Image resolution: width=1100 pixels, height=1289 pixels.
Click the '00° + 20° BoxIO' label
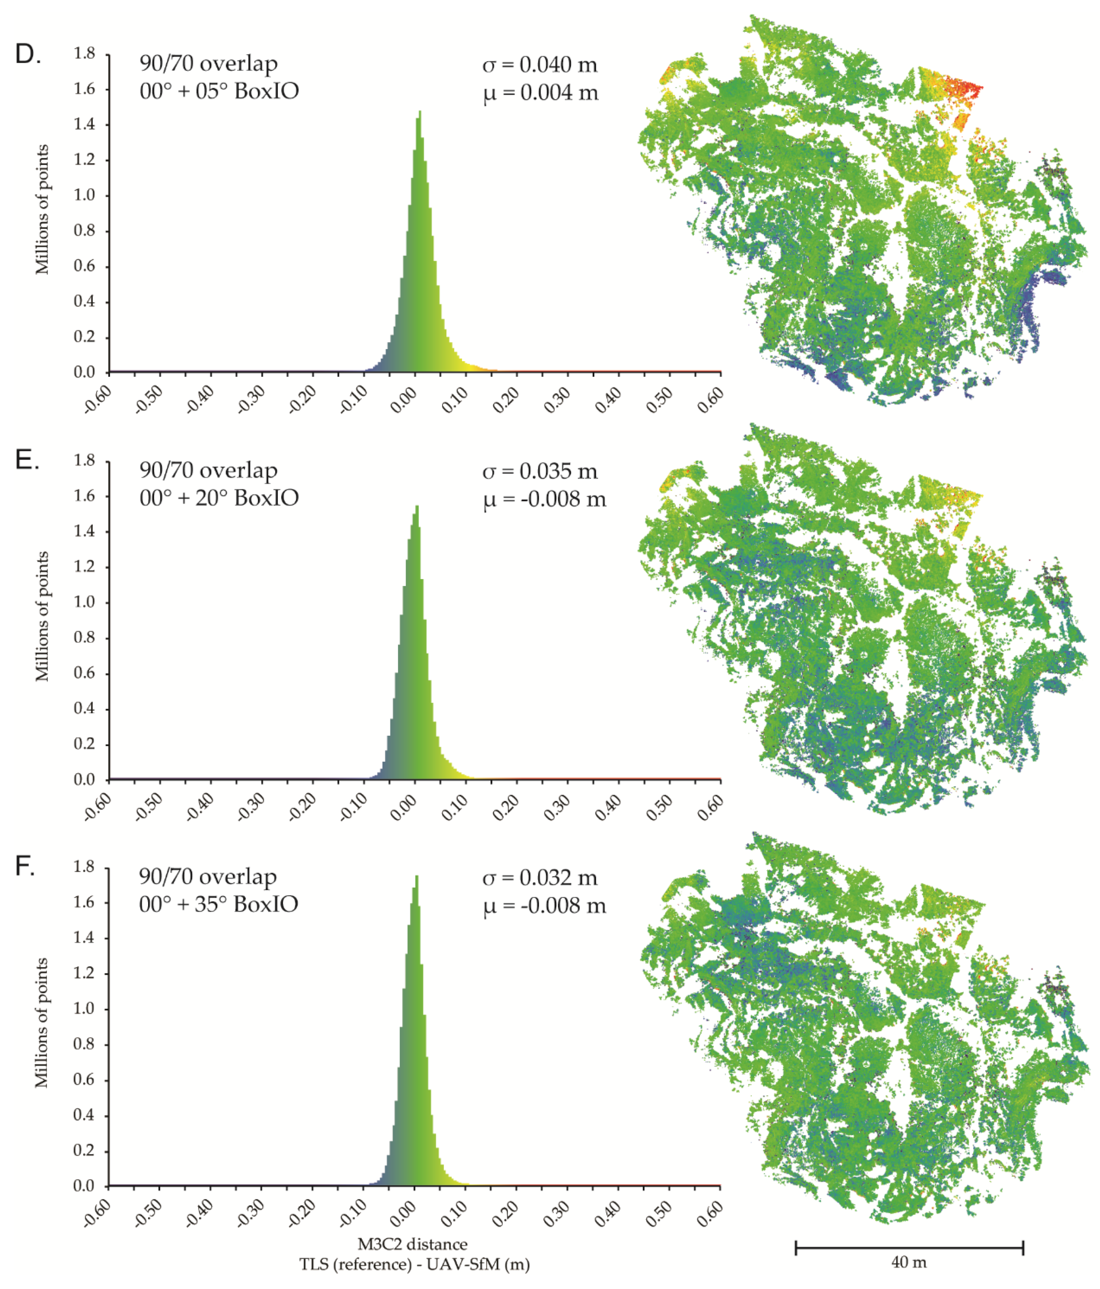(219, 498)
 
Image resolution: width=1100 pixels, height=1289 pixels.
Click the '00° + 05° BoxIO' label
(219, 91)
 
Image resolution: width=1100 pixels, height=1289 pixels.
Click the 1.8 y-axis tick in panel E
(85, 460)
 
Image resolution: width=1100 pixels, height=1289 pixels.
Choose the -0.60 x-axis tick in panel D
(98, 400)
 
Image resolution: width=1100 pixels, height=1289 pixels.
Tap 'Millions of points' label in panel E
(42, 616)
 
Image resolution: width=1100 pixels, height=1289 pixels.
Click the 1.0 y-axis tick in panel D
(85, 195)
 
